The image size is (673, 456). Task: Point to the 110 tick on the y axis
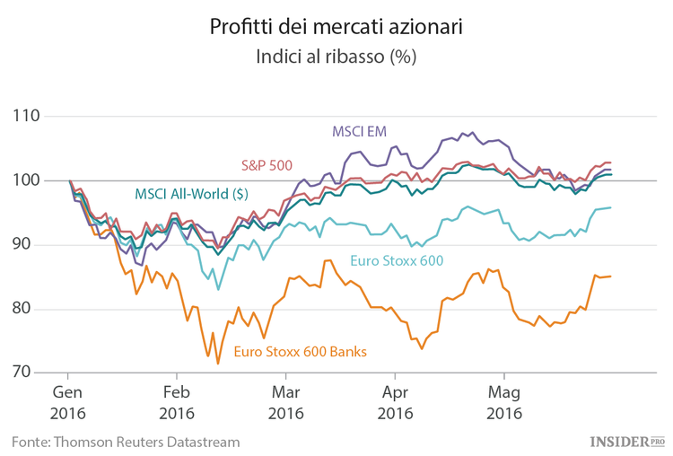tap(28, 117)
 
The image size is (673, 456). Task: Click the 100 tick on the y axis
tap(28, 180)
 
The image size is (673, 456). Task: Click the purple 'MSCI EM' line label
tap(359, 131)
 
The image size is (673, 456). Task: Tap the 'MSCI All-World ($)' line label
tap(191, 193)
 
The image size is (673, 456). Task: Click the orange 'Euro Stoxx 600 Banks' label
tap(300, 352)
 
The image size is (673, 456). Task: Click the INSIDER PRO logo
tap(626, 441)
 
